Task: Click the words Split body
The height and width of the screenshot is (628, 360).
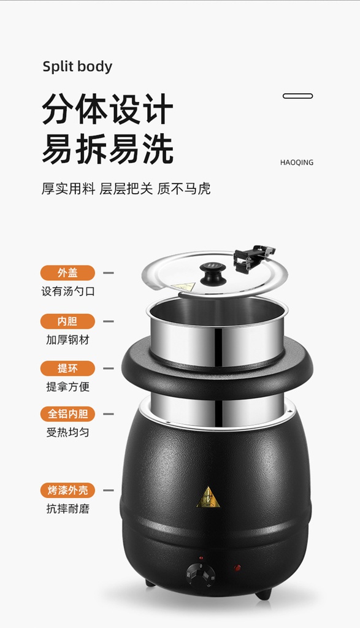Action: [x=77, y=67]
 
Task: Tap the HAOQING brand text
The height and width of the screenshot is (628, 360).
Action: [x=297, y=163]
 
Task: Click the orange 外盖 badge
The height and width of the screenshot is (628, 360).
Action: [x=67, y=273]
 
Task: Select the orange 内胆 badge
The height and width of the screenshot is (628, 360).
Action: [x=67, y=321]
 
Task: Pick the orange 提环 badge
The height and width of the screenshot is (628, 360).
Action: [x=67, y=369]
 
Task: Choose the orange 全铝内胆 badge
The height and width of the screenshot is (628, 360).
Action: [x=67, y=414]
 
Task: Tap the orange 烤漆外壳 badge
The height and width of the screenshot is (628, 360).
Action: [x=67, y=490]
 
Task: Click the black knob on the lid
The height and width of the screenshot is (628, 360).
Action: [x=213, y=274]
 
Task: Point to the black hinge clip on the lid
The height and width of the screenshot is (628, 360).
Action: [x=253, y=258]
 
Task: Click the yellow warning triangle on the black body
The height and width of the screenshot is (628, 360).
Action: [x=209, y=498]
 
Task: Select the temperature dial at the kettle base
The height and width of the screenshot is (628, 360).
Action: [x=201, y=573]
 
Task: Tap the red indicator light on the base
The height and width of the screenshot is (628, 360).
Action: [x=237, y=569]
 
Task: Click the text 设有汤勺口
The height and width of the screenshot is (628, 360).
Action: [x=68, y=291]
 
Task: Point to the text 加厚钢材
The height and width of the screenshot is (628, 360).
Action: [x=67, y=340]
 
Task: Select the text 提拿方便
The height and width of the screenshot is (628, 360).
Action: [x=67, y=387]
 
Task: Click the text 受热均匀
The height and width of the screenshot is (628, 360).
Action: [x=67, y=432]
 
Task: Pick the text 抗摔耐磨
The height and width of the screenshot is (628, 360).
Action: [x=67, y=508]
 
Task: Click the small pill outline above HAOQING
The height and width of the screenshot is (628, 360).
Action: [x=297, y=96]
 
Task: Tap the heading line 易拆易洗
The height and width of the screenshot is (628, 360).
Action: [x=107, y=149]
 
